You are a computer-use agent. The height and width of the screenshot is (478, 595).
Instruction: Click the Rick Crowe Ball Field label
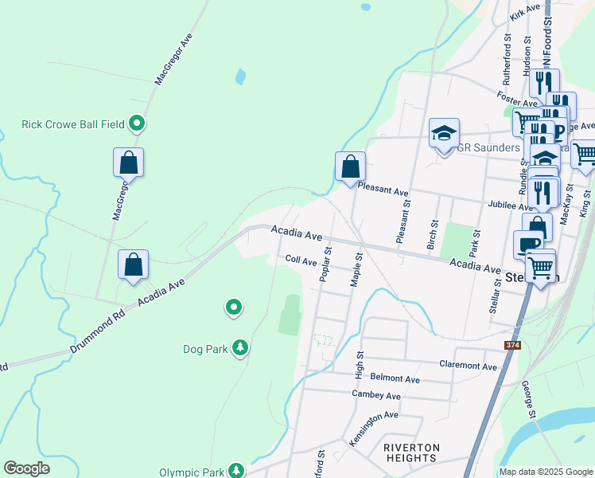click(x=72, y=124)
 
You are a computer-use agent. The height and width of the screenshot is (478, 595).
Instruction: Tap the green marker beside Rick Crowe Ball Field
click(x=137, y=123)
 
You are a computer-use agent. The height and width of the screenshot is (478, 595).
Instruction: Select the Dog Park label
click(x=205, y=348)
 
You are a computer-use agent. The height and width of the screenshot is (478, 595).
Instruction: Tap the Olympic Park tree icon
click(x=236, y=472)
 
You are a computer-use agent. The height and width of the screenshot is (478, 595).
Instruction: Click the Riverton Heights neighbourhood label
click(x=410, y=453)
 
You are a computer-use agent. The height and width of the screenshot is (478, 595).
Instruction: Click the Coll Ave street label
click(x=301, y=261)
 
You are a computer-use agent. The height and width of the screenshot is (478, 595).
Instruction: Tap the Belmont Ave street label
click(x=378, y=378)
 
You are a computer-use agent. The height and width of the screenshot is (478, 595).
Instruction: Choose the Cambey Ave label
click(x=376, y=395)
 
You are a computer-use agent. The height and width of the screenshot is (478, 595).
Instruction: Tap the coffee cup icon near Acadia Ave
click(x=528, y=245)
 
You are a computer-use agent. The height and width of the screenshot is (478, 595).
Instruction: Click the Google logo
click(x=26, y=468)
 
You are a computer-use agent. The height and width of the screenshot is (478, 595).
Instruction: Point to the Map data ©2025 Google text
click(x=545, y=472)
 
